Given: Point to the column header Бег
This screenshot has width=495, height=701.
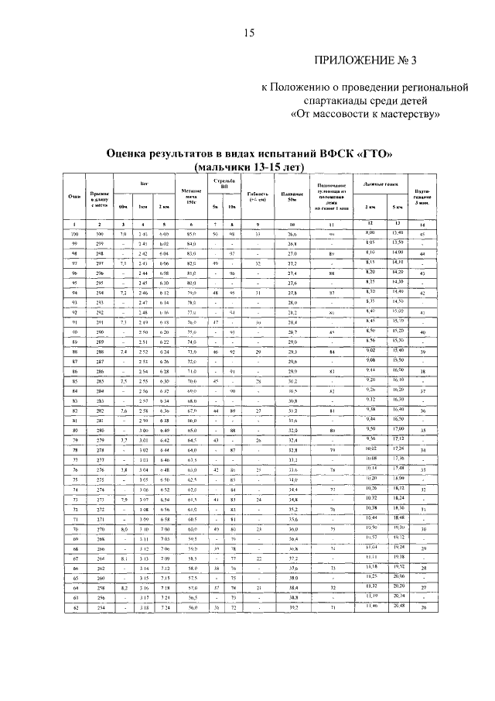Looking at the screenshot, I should [143, 184].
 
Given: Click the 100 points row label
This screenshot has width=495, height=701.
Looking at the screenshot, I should [75, 233].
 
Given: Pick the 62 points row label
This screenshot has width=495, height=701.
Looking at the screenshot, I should [75, 609].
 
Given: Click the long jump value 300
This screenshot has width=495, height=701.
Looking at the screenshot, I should [99, 233].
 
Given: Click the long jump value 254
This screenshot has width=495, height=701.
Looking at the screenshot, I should [99, 609].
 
